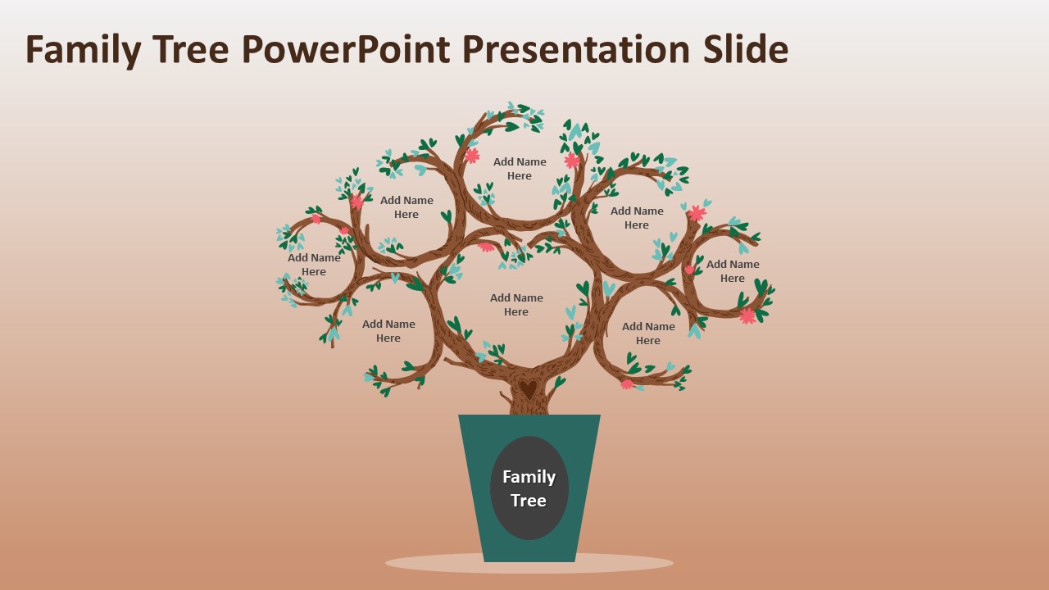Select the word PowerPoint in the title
345,50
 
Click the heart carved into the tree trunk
529,388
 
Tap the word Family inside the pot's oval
529,477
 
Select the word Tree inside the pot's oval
529,501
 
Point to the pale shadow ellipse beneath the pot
529,564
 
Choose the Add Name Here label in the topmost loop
520,169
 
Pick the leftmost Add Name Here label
314,265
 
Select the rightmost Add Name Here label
733,271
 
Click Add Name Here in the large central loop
516,305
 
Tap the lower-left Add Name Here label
388,331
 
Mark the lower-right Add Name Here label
648,334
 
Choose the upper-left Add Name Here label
406,207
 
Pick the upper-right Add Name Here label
637,218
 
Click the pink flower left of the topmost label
471,155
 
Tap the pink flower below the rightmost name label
747,316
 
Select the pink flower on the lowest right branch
628,384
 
